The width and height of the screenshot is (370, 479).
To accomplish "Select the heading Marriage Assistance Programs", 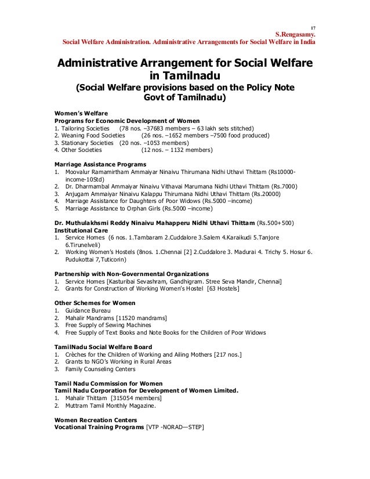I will click(x=97, y=165).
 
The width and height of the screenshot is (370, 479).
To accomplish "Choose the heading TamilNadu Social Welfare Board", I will click(x=104, y=347).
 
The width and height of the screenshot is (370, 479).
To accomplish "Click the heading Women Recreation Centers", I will click(x=96, y=420).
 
